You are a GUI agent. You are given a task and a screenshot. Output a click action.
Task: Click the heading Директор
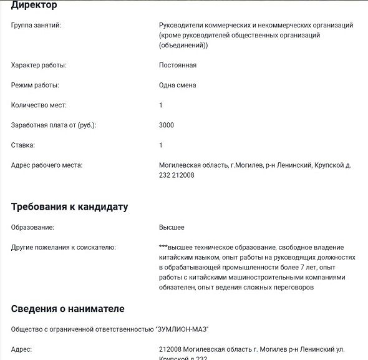(x=34, y=5)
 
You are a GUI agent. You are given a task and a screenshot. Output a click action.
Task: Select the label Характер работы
(x=39, y=65)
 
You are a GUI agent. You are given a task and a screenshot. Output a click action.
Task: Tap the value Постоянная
(x=178, y=65)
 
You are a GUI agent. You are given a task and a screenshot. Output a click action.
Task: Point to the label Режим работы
(x=35, y=85)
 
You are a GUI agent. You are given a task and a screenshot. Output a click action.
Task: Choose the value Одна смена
(x=178, y=85)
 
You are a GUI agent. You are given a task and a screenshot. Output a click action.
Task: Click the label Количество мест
(x=39, y=105)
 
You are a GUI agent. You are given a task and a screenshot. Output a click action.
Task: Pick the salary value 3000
(x=167, y=125)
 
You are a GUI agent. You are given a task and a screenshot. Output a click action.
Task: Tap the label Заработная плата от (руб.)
(x=54, y=125)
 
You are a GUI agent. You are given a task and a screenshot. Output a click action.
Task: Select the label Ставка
(x=23, y=145)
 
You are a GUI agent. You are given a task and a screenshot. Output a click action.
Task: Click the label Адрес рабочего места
(x=47, y=165)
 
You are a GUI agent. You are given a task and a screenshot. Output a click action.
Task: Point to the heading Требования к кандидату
(x=70, y=207)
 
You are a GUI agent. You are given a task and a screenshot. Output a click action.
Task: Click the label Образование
(x=32, y=227)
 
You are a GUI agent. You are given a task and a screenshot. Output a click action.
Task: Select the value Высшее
(x=172, y=227)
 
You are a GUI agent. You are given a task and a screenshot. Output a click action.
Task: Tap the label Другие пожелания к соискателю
(x=64, y=247)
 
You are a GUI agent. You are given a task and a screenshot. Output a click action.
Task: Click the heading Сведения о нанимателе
(x=68, y=308)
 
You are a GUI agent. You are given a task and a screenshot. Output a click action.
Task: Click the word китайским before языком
(x=177, y=257)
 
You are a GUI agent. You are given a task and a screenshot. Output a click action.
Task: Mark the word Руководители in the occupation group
(x=180, y=25)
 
